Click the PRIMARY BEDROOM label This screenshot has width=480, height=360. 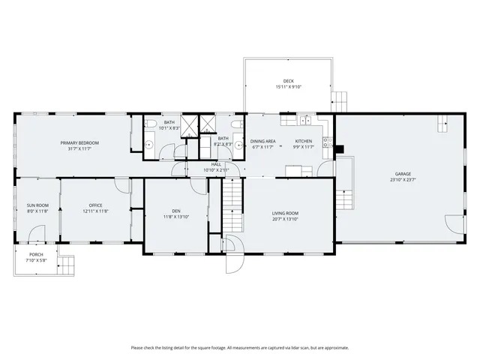click(x=79, y=142)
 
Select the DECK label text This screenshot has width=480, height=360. click(x=288, y=81)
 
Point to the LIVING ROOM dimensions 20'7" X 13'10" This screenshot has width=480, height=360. click(x=285, y=220)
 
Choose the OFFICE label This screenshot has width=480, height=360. click(x=95, y=205)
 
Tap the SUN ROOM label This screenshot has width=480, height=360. click(x=37, y=205)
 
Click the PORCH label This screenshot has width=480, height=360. click(x=36, y=255)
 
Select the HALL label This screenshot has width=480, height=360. click(x=216, y=163)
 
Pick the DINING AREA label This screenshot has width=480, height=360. click(x=262, y=141)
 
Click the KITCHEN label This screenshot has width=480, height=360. click(x=303, y=141)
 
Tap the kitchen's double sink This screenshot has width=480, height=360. click(x=305, y=120)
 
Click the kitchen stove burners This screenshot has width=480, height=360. click(x=326, y=140)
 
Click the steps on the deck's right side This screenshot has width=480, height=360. click(x=341, y=99)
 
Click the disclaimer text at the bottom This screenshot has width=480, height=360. click(x=240, y=347)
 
